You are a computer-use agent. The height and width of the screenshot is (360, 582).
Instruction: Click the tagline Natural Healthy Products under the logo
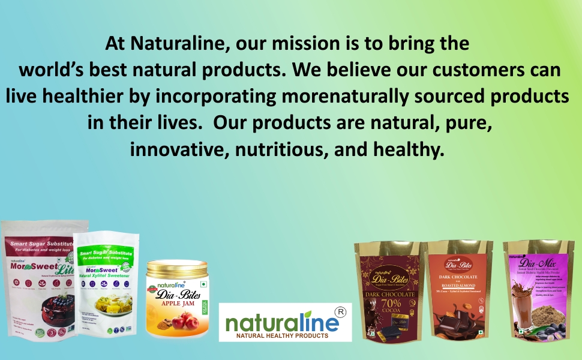point(282,335)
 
